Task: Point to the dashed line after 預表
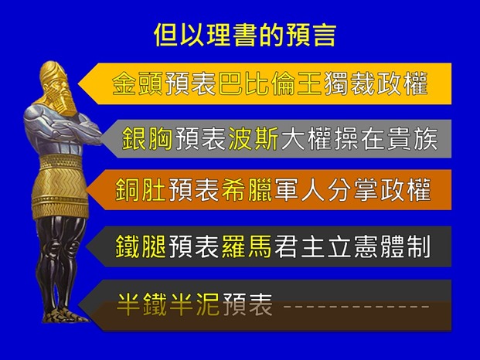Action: click(x=356, y=305)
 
